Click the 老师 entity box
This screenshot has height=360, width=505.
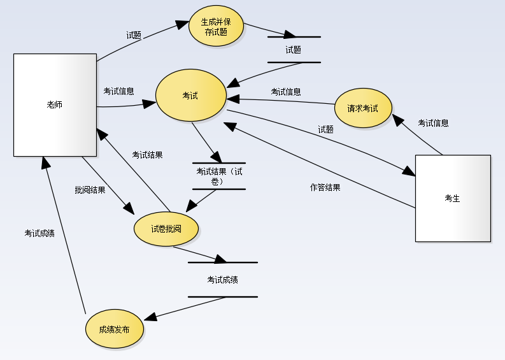pos(55,105)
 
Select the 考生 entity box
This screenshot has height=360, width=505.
pos(453,198)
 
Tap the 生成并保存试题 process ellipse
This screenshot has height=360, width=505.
pos(217,27)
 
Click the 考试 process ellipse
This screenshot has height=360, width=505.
pos(190,96)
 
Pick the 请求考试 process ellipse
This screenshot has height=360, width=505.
pos(363,108)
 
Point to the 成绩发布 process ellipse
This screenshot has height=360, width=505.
pos(115,330)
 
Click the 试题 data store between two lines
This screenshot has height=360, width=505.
pos(294,50)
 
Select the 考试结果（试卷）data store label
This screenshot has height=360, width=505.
pos(218,176)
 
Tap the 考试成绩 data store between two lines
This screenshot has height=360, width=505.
pos(223,280)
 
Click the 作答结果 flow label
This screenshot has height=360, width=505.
pos(325,187)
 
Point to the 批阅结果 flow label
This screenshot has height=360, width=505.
pos(90,190)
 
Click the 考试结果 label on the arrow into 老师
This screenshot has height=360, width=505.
pos(147,154)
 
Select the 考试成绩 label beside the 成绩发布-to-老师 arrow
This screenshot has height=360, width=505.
pos(39,233)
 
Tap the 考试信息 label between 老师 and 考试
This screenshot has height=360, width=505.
pos(118,91)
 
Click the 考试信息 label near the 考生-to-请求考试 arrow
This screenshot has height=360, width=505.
pos(433,123)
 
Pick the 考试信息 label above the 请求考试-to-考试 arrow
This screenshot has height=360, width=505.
pos(286,92)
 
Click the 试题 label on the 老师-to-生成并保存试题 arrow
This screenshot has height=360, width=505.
pos(134,36)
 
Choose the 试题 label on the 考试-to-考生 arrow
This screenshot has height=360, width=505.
pos(325,129)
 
